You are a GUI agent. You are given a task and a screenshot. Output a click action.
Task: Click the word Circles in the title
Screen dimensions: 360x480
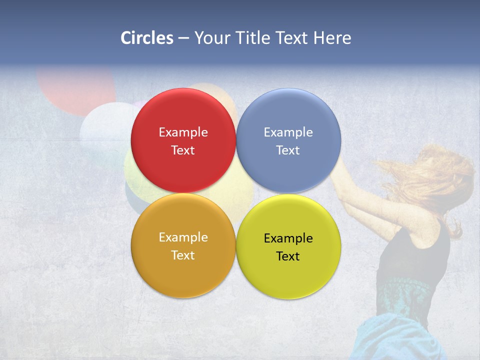click(146, 38)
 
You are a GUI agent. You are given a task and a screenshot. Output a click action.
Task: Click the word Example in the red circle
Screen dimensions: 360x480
click(183, 132)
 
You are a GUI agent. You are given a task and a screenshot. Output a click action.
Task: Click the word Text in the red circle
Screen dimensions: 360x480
click(183, 150)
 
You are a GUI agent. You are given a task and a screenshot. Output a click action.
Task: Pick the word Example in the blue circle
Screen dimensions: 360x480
click(288, 132)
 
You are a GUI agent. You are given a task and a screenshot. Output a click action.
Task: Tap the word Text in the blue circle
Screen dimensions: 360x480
click(288, 150)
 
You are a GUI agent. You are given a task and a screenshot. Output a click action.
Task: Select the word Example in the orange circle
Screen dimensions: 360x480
click(183, 237)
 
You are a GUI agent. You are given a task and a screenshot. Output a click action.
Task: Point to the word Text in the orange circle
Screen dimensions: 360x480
click(183, 255)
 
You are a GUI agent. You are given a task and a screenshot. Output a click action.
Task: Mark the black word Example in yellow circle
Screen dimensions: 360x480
click(288, 238)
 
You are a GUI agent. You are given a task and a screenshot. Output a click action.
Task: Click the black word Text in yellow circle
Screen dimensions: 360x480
click(288, 256)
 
